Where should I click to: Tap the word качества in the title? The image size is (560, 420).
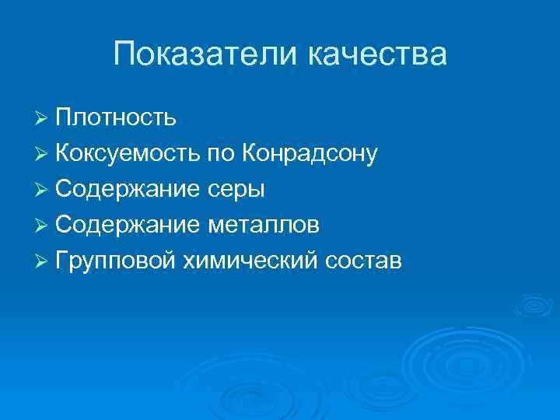[377, 55]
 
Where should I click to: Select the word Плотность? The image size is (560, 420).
[116, 117]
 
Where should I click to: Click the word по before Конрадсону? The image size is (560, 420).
[220, 153]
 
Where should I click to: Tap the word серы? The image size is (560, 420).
[237, 189]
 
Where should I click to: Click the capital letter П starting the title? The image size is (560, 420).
[123, 55]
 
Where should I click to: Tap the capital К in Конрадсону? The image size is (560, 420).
[250, 153]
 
